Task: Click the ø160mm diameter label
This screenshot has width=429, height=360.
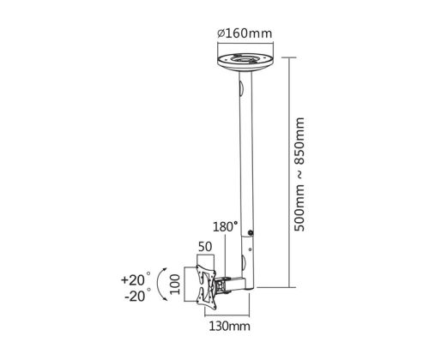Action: click(245, 33)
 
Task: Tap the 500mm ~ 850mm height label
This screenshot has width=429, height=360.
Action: click(299, 174)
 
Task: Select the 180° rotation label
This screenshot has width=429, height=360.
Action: click(225, 227)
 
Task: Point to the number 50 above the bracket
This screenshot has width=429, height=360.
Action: click(205, 247)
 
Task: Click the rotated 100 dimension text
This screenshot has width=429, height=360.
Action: click(175, 285)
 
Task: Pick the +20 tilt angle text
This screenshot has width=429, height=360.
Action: click(133, 279)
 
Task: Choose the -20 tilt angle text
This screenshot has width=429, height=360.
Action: click(135, 296)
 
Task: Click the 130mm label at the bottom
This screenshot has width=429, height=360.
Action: click(230, 326)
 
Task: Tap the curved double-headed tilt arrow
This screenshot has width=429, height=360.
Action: click(158, 284)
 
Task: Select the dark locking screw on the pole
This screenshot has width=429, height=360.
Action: click(251, 233)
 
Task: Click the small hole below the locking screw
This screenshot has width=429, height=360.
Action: click(251, 249)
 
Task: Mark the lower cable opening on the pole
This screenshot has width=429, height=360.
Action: click(243, 262)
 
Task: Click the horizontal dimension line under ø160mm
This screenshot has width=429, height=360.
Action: click(245, 44)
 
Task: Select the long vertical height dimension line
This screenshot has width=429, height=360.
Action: click(290, 172)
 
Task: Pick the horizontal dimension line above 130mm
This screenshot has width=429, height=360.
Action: click(227, 315)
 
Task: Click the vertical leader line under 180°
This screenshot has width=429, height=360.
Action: click(226, 255)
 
